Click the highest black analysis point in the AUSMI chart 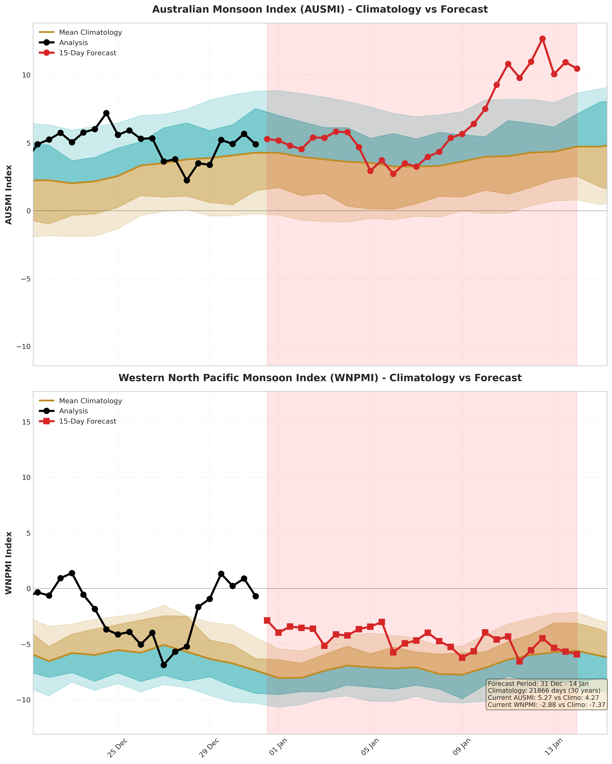click(106, 113)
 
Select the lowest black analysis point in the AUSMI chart click(187, 180)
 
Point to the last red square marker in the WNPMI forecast click(577, 654)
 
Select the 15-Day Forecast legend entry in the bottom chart click(87, 421)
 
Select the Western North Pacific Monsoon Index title click(320, 378)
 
